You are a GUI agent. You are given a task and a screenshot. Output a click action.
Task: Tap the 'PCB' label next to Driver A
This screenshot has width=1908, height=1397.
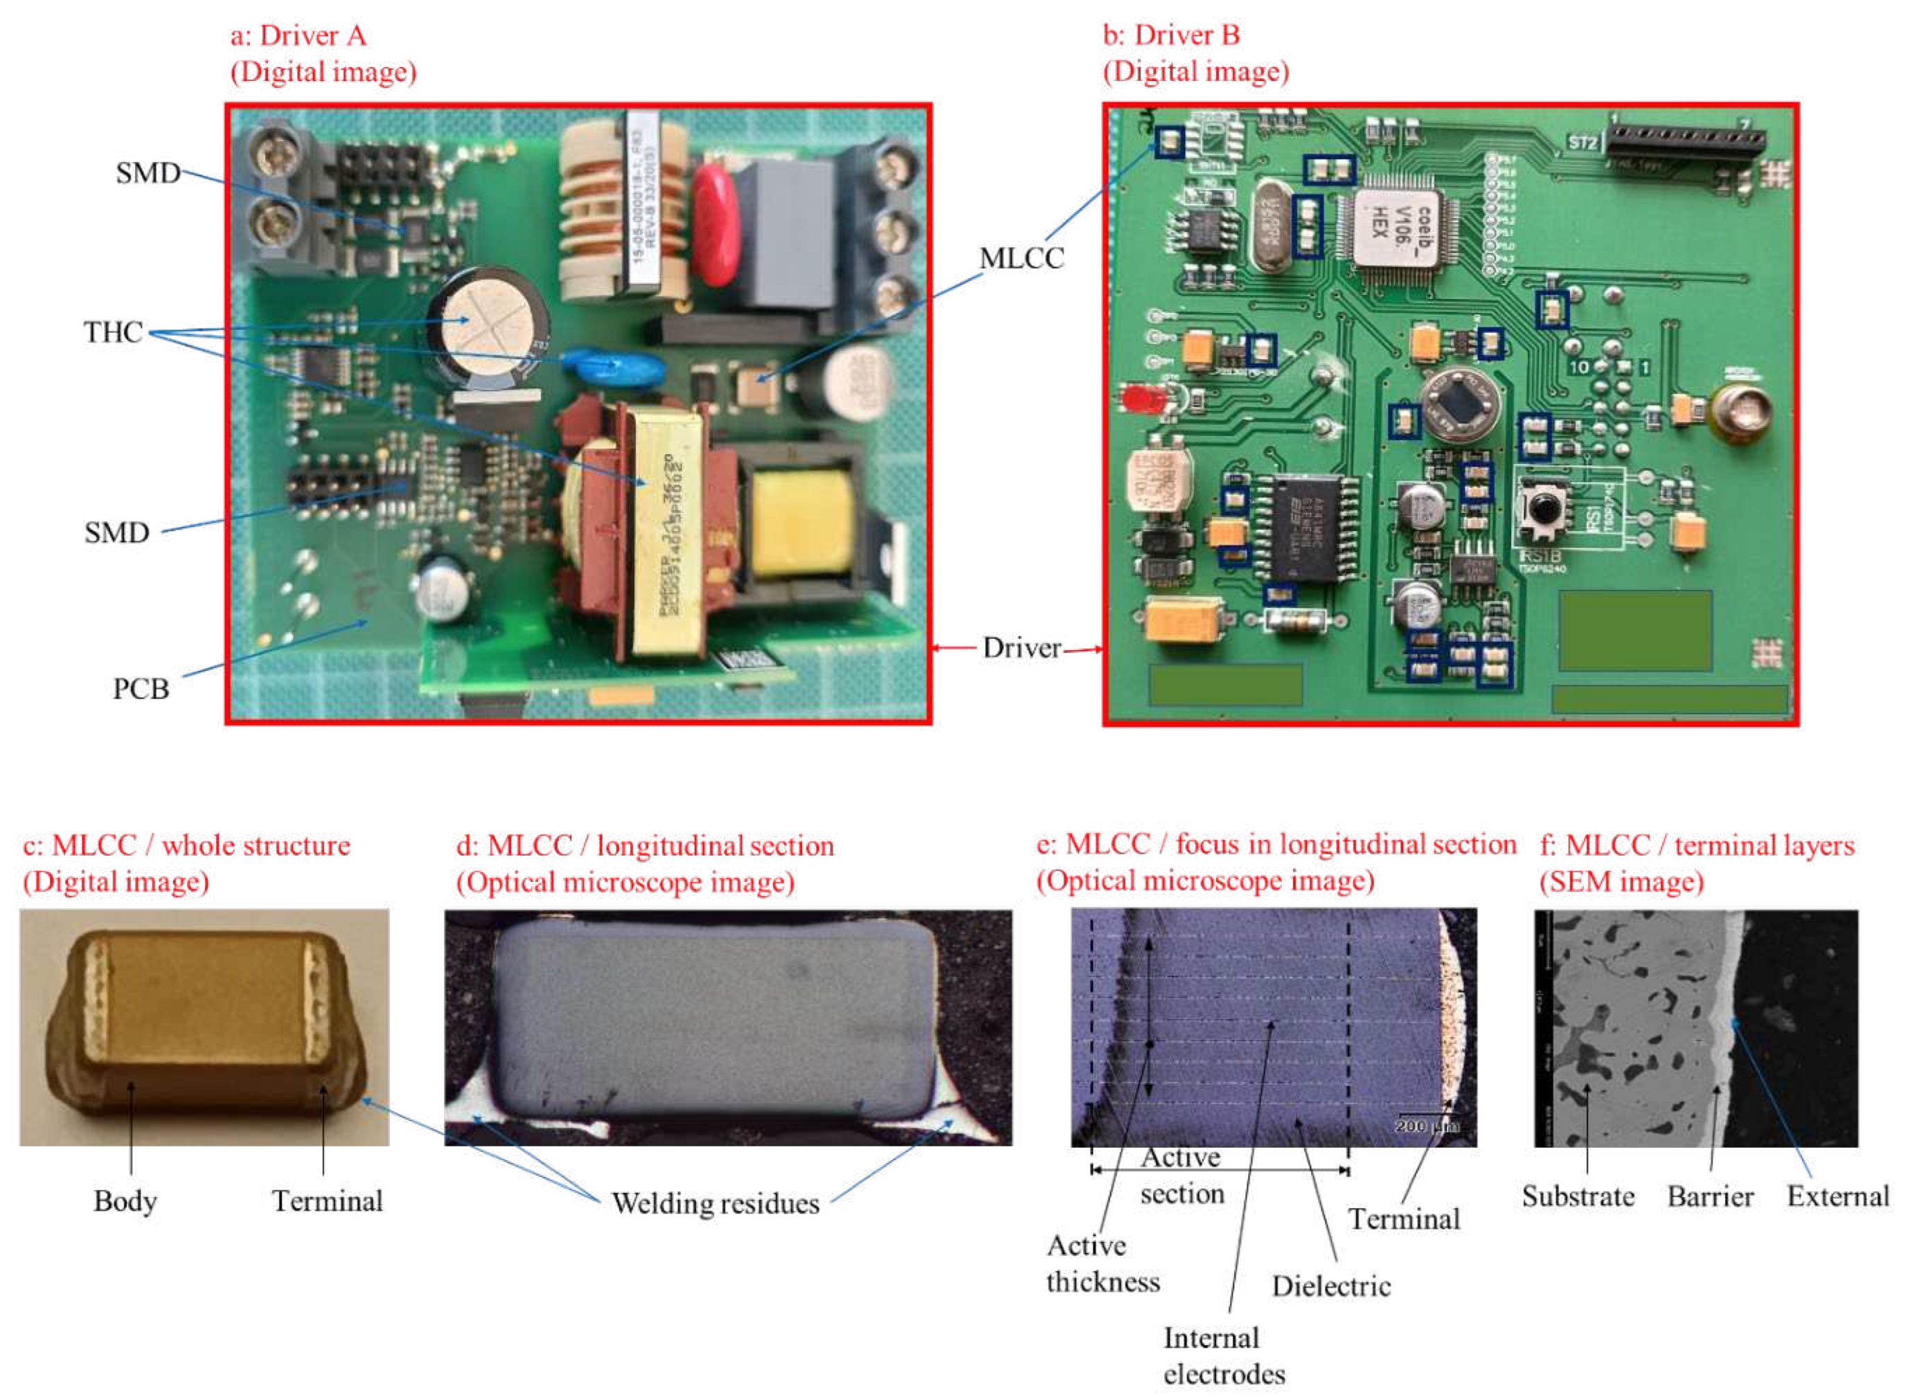[x=141, y=690]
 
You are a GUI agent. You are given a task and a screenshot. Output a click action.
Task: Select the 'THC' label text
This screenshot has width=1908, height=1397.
[x=112, y=332]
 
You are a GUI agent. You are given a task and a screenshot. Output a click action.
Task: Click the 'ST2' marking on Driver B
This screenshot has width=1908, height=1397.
[x=1582, y=143]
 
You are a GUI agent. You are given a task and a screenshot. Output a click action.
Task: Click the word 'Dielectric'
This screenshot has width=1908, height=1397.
[x=1330, y=1286]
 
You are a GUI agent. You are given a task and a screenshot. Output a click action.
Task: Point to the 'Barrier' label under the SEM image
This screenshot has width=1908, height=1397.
[x=1710, y=1196]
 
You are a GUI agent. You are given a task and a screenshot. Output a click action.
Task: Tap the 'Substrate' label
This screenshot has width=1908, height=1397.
[x=1578, y=1196]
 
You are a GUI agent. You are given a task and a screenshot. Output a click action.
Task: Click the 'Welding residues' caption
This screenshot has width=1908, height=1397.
[x=715, y=1203]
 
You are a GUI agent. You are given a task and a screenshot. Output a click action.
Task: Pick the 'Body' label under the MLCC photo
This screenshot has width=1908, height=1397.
[x=125, y=1201]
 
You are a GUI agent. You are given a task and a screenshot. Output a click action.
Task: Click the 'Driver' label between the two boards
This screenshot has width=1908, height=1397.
[x=1021, y=649]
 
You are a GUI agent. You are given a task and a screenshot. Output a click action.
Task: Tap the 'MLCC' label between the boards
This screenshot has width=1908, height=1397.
[x=1022, y=259]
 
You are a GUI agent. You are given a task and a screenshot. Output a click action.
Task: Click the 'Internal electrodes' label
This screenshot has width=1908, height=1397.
[x=1223, y=1355]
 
